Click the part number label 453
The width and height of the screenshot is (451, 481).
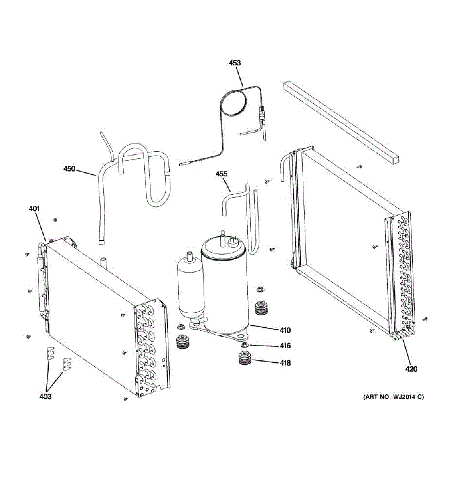point(235,63)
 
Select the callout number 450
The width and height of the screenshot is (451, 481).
point(69,169)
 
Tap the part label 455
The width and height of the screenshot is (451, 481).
point(221,174)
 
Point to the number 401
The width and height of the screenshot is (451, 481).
point(34,208)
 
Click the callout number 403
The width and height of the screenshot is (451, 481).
point(45,396)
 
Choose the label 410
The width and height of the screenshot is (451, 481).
point(285,330)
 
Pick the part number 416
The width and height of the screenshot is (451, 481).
point(285,346)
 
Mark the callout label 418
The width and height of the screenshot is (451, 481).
point(285,363)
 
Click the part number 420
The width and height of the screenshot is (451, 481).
point(411,369)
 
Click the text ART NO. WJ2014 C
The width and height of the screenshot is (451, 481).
point(393,397)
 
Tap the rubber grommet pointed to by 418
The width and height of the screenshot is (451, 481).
point(244,358)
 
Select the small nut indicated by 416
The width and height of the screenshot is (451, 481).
point(243,345)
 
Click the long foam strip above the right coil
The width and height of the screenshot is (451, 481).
point(341,120)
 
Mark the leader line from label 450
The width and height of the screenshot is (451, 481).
point(86,172)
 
